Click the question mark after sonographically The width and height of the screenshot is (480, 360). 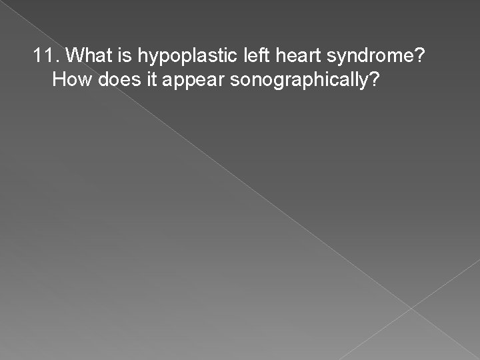tap(376, 81)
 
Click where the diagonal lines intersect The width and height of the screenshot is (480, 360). tap(411, 308)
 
